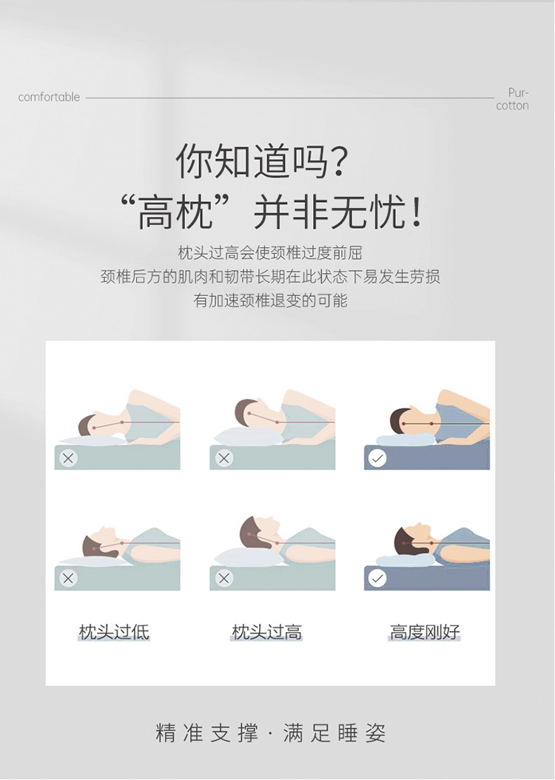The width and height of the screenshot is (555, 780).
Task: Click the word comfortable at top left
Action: [49, 97]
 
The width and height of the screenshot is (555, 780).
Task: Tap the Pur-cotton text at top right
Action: [512, 99]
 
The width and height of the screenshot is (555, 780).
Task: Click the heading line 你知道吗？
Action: [261, 161]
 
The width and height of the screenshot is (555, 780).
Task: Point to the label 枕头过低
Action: [114, 632]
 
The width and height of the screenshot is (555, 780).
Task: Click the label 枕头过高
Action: [266, 632]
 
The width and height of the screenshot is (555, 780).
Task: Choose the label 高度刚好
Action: [425, 632]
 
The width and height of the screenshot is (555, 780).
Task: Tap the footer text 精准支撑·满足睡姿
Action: [271, 733]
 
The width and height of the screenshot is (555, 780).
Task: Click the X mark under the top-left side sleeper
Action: [68, 458]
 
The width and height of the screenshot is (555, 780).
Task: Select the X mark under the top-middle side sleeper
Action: [223, 458]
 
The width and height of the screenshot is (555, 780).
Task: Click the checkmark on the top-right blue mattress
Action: [377, 458]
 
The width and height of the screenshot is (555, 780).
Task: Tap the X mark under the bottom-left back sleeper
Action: [68, 578]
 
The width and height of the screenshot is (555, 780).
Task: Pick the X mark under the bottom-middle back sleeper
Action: [223, 578]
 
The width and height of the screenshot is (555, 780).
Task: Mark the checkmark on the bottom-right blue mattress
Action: [377, 578]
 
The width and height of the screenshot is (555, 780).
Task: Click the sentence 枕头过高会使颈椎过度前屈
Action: [270, 253]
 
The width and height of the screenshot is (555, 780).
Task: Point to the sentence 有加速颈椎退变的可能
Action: [270, 300]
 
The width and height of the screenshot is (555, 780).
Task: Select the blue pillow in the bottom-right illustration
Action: [406, 560]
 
